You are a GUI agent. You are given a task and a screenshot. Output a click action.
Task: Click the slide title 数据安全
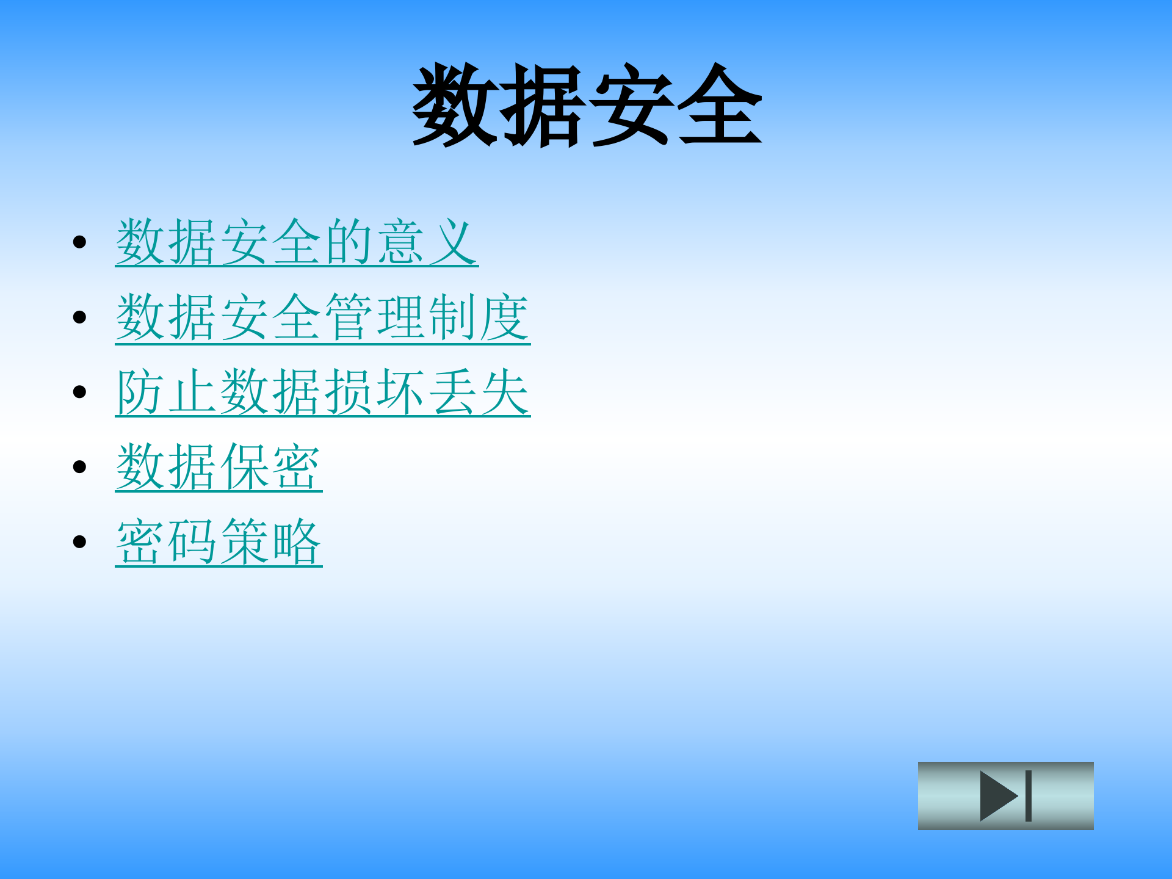(587, 105)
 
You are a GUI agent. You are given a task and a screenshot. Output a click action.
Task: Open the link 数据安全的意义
(297, 242)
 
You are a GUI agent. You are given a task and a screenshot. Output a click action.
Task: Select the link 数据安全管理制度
(322, 317)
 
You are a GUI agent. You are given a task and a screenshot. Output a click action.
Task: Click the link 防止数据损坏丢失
(322, 392)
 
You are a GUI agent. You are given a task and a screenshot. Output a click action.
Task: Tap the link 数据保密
(219, 468)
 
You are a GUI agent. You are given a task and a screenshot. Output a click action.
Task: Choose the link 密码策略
(219, 542)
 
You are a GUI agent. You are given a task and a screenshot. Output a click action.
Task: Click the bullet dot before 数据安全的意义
(79, 242)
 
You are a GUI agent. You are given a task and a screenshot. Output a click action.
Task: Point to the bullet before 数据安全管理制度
(79, 317)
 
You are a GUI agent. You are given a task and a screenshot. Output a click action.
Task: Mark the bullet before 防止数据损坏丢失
(79, 392)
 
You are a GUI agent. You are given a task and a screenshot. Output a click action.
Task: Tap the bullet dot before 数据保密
(79, 467)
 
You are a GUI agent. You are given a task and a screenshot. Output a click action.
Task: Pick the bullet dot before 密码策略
(79, 541)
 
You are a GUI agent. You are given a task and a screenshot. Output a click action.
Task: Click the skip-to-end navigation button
(1005, 795)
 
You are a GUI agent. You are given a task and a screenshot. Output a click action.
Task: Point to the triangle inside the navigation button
(996, 795)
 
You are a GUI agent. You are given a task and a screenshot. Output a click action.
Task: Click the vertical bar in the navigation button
(1029, 795)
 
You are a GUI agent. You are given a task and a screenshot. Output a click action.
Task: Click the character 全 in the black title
(719, 105)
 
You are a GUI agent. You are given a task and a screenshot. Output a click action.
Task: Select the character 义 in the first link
(453, 242)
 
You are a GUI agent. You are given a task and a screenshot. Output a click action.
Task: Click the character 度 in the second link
(505, 317)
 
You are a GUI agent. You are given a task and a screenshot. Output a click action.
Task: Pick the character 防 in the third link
(140, 392)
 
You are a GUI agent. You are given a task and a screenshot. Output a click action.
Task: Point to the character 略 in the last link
(297, 542)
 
